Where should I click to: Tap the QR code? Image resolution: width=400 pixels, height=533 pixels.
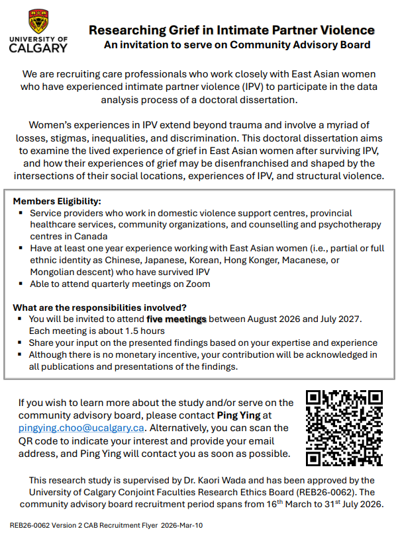344,428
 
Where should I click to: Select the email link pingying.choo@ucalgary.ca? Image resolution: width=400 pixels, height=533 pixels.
81,428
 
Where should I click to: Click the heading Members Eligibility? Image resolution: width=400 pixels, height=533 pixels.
57,201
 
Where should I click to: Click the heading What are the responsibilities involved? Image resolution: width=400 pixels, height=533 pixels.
100,307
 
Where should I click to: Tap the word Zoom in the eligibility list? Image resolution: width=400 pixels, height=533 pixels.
197,284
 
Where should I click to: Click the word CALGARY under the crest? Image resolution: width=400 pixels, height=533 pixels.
39,48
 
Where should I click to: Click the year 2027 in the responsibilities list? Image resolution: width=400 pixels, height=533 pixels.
348,319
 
